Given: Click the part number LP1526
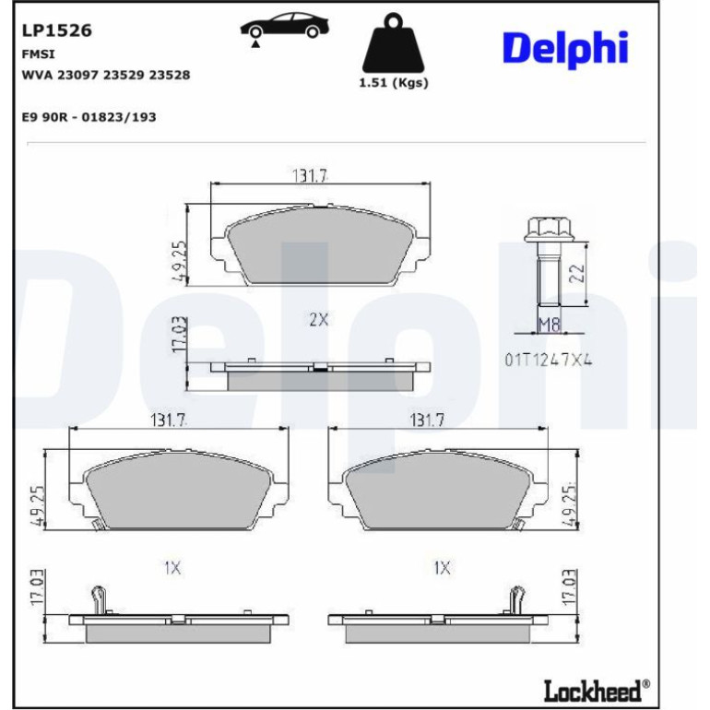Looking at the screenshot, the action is [x=56, y=30].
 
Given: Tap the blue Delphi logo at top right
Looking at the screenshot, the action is [x=565, y=49].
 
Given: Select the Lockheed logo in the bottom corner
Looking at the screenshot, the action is [x=597, y=691].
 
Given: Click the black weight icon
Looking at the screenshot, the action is [x=393, y=42].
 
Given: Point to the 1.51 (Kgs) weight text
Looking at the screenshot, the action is [x=393, y=83].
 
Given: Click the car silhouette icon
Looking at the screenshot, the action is [x=284, y=26].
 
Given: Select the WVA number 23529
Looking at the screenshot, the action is [x=124, y=75].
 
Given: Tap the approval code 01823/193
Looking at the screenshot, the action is [x=119, y=117].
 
